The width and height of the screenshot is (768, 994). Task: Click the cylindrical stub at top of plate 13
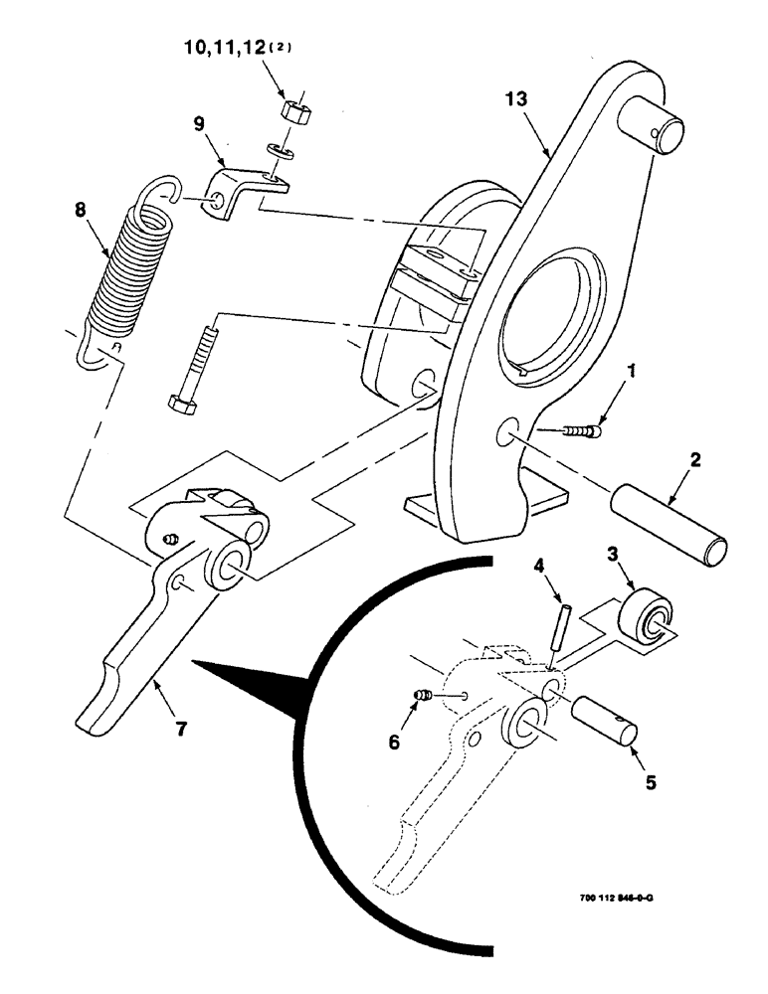(654, 126)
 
